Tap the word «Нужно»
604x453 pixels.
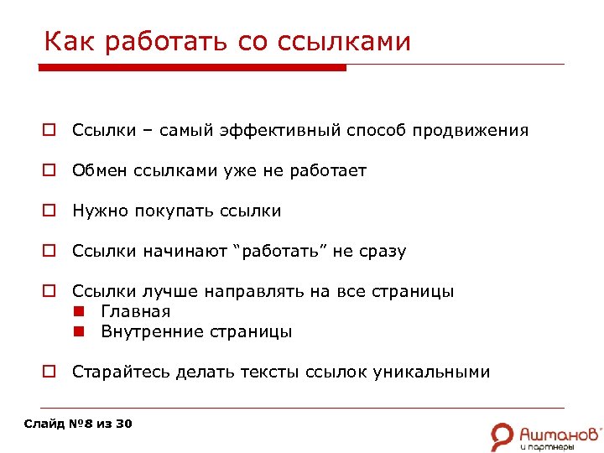point(96,211)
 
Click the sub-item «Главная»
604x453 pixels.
point(136,311)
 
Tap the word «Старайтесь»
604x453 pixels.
point(120,372)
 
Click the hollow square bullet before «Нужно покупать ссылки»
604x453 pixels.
point(50,211)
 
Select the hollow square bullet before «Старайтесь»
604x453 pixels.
point(50,372)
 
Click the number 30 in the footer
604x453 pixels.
point(123,424)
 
